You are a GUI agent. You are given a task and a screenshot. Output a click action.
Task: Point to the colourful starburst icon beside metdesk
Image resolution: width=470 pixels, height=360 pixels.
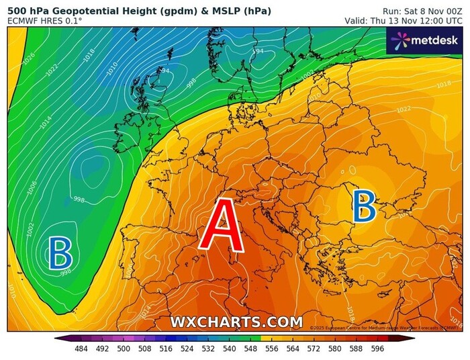tap(401, 42)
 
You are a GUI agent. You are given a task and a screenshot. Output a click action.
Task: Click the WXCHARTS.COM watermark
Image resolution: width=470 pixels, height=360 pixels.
tap(236, 322)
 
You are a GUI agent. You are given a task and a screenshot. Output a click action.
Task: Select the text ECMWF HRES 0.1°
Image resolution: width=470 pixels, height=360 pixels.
tap(45, 21)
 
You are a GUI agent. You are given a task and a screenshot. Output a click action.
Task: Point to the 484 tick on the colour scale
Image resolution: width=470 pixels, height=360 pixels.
tap(81, 349)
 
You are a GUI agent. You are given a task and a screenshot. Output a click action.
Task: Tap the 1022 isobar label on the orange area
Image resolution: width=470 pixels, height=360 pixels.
tap(404, 109)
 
